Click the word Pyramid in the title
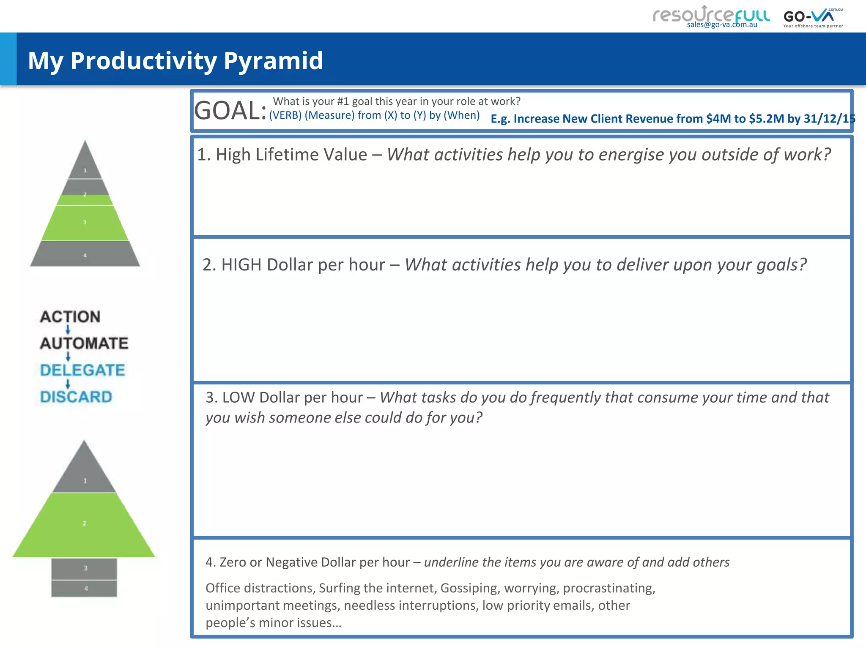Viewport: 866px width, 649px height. [273, 60]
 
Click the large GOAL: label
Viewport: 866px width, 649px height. [230, 111]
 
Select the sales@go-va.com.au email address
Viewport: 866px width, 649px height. [722, 25]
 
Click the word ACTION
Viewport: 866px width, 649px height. [70, 317]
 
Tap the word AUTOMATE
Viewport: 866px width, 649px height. [84, 343]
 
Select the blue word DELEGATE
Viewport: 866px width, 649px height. [82, 370]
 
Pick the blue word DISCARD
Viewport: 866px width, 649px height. [76, 397]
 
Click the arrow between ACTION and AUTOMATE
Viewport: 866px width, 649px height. [68, 330]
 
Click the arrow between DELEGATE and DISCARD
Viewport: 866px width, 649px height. [68, 384]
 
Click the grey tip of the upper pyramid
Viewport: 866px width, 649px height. [85, 163]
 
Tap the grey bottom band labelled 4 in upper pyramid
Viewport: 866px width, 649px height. [85, 254]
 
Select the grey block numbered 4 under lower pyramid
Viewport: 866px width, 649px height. [85, 588]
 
